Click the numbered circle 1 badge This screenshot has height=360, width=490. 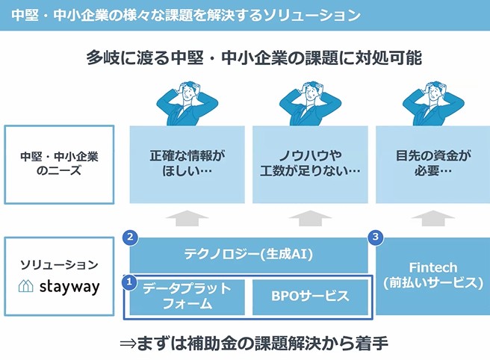(x=129, y=282)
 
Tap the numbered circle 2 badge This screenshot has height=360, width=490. (x=130, y=238)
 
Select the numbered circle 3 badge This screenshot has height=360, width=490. (x=375, y=238)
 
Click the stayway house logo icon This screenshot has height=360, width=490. (x=26, y=285)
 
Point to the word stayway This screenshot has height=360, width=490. (x=69, y=287)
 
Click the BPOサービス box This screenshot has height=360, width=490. (x=310, y=297)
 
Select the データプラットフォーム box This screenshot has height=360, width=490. (x=187, y=297)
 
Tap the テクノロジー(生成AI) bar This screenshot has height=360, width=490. (x=249, y=255)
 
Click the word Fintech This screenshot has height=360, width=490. (x=433, y=267)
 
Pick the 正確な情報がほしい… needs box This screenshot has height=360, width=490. (x=187, y=164)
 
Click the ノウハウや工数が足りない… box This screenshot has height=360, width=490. (x=310, y=164)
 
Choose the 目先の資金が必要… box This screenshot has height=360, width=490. (x=432, y=164)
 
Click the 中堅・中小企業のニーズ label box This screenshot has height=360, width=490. (x=59, y=164)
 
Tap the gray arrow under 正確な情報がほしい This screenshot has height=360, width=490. (x=187, y=218)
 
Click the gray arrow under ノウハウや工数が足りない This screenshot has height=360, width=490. (x=310, y=218)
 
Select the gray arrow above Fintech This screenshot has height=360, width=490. (x=432, y=218)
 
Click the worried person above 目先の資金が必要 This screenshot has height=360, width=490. (x=433, y=104)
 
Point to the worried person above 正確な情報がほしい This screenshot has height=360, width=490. (x=187, y=104)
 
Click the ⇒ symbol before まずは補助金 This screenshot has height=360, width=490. (x=128, y=344)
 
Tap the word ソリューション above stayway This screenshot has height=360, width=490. (x=59, y=265)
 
